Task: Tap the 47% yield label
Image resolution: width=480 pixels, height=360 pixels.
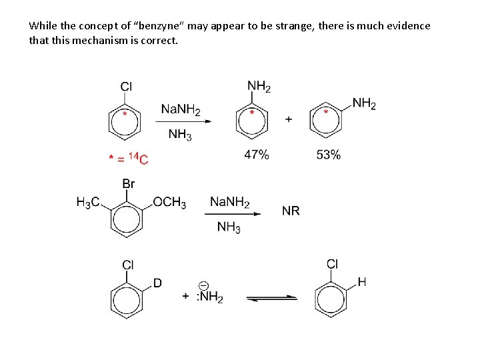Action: [257, 155]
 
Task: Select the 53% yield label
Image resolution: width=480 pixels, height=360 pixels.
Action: [328, 155]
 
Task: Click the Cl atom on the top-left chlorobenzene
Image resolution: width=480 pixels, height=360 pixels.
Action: [126, 87]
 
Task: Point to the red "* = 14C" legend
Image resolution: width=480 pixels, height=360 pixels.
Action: [128, 158]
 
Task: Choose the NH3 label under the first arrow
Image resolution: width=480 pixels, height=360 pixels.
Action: [180, 135]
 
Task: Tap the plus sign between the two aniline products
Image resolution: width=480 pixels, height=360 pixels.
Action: [289, 119]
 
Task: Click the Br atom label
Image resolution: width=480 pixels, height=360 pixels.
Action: [129, 183]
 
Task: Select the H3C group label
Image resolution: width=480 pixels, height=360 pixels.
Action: [89, 203]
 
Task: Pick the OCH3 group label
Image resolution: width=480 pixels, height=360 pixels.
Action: [169, 203]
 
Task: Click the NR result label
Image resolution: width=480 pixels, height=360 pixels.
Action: [291, 211]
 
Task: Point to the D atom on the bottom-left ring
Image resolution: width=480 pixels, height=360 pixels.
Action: [157, 283]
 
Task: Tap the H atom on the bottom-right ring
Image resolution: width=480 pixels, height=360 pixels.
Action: [361, 282]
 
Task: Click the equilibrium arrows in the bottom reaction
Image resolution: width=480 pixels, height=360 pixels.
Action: [272, 298]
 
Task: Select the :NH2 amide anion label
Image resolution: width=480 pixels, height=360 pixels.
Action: [209, 297]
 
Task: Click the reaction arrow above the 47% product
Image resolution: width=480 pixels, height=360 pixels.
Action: [184, 121]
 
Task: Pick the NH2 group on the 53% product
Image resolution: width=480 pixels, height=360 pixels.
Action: [364, 103]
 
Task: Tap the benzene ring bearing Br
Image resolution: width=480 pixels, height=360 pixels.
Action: [125, 218]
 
